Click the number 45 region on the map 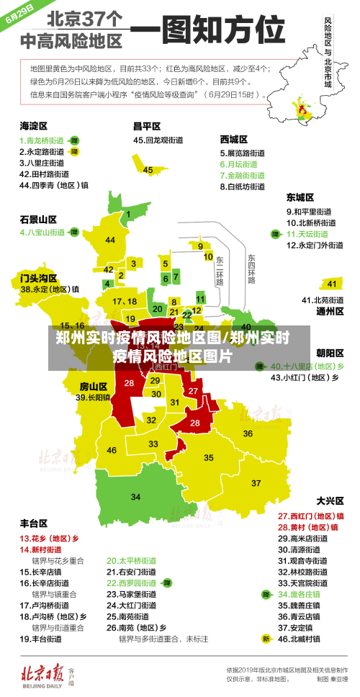(x=148, y=170)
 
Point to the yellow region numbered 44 (x=109, y=240)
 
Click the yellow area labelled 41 (x=332, y=284)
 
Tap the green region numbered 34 (x=135, y=497)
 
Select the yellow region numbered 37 (x=256, y=482)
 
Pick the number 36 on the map (x=248, y=433)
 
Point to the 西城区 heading (x=234, y=139)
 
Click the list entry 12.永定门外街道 (x=315, y=245)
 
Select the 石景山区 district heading (x=38, y=218)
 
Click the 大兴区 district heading (x=330, y=500)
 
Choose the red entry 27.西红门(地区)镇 (x=310, y=516)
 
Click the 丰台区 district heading (x=34, y=523)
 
